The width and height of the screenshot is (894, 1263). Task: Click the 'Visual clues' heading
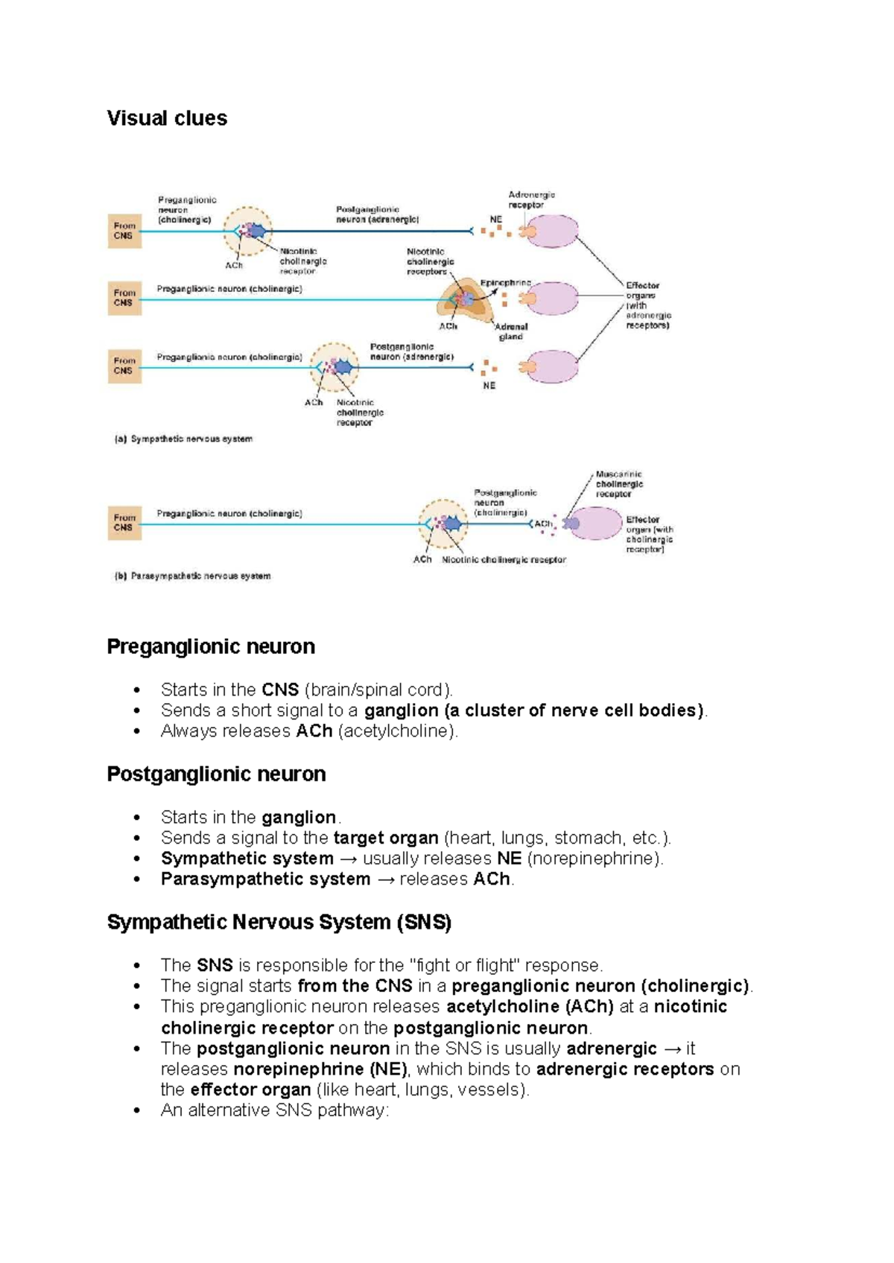167,118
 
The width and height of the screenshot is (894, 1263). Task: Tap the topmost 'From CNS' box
124,231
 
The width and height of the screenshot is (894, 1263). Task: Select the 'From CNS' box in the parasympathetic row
124,523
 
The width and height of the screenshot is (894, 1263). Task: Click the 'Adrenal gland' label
511,331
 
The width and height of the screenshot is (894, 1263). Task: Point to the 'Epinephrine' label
505,283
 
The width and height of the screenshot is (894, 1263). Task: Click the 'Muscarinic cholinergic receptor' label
618,484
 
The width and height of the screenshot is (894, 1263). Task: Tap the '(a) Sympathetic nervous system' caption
183,439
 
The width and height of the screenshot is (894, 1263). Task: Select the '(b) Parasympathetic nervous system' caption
192,576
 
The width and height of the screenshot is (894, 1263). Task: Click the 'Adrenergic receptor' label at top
531,200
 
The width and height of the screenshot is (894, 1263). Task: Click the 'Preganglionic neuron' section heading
211,646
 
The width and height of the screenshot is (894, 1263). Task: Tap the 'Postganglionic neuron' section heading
216,774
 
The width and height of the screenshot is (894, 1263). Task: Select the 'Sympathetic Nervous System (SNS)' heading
279,923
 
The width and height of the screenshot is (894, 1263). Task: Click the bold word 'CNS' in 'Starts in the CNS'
280,690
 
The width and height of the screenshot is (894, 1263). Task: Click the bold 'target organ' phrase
385,839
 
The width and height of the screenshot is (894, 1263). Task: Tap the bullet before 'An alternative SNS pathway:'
136,1111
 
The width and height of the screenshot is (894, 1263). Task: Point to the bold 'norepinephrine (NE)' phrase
320,1070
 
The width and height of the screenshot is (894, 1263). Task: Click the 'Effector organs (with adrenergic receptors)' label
647,305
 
